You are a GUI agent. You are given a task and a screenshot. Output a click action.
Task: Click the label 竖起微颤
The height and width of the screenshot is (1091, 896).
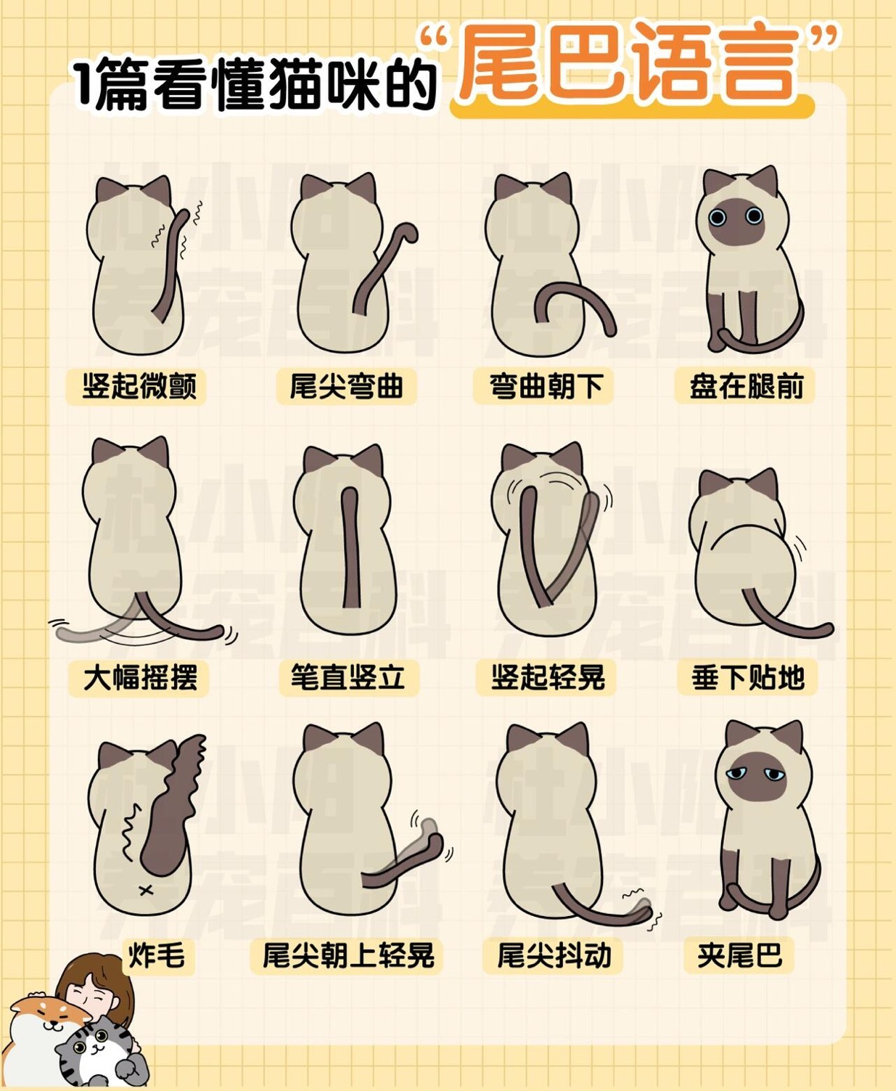138,386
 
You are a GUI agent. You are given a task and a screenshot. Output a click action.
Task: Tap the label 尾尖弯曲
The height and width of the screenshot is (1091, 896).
346,386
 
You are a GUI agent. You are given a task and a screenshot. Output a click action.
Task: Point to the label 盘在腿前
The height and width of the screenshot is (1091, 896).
747,386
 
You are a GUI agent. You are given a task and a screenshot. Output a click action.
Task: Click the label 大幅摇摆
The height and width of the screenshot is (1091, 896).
140,678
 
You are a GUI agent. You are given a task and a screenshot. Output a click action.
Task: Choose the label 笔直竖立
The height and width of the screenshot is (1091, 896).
348,678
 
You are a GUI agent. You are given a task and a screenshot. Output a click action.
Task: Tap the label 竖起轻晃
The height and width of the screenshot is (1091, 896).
548,678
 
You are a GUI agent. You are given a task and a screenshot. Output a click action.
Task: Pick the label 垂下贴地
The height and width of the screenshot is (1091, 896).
748,678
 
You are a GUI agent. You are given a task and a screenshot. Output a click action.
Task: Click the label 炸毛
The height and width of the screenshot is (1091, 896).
156,955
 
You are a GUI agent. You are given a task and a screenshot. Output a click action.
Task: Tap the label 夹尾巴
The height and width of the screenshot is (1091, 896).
740,955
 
